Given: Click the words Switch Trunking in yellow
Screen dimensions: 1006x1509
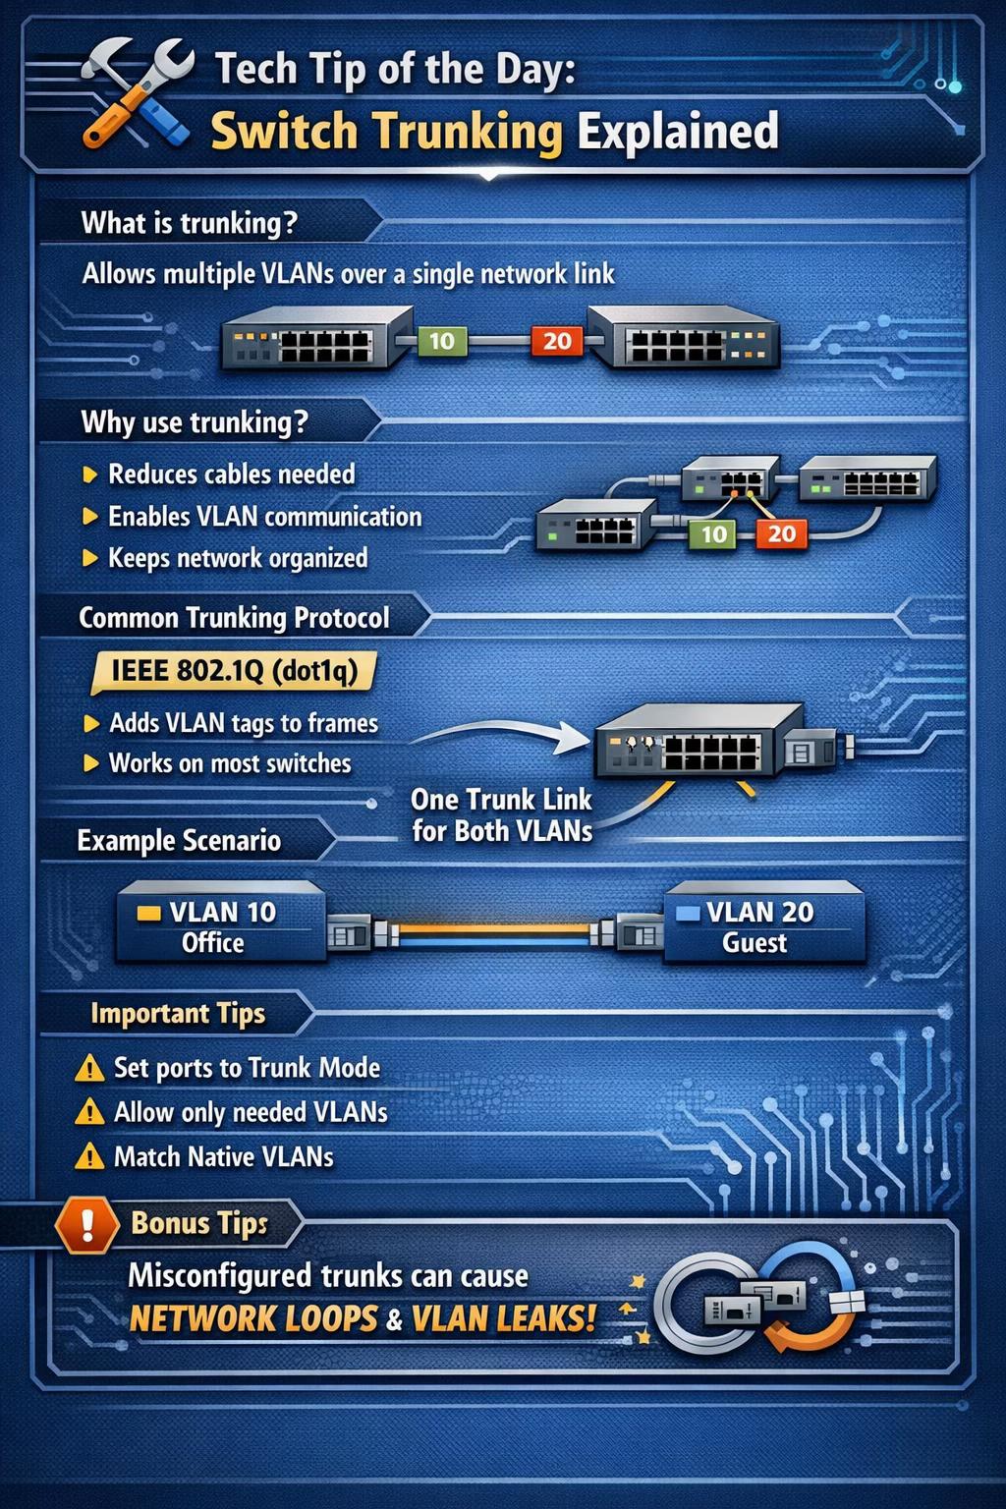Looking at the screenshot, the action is point(386,132).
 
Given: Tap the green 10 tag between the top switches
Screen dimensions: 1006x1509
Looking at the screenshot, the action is point(441,341).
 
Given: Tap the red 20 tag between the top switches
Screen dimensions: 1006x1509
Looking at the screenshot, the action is point(557,341).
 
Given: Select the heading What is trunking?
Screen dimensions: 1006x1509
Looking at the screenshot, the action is point(190,223).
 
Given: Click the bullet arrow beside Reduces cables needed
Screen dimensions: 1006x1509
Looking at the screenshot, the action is point(89,475).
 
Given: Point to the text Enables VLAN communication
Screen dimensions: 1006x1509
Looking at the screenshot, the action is point(265,517).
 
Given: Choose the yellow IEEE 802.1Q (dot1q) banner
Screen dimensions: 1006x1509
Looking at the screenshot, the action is point(233,672).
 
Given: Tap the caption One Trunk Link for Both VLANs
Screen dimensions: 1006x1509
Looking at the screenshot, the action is point(502,815).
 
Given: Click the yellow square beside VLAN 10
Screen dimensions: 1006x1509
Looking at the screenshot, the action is point(149,913).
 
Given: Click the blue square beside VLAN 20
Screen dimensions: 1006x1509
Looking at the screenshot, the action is point(688,913).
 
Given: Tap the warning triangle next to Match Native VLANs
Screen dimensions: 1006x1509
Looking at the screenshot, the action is point(89,1157).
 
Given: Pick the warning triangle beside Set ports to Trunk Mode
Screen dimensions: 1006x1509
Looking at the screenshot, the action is point(89,1069).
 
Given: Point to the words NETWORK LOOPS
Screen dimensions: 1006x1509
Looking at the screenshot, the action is point(253,1319).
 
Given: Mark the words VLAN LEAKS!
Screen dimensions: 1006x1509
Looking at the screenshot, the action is point(503,1318).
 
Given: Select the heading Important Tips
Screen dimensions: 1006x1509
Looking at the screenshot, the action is point(178,1014).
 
